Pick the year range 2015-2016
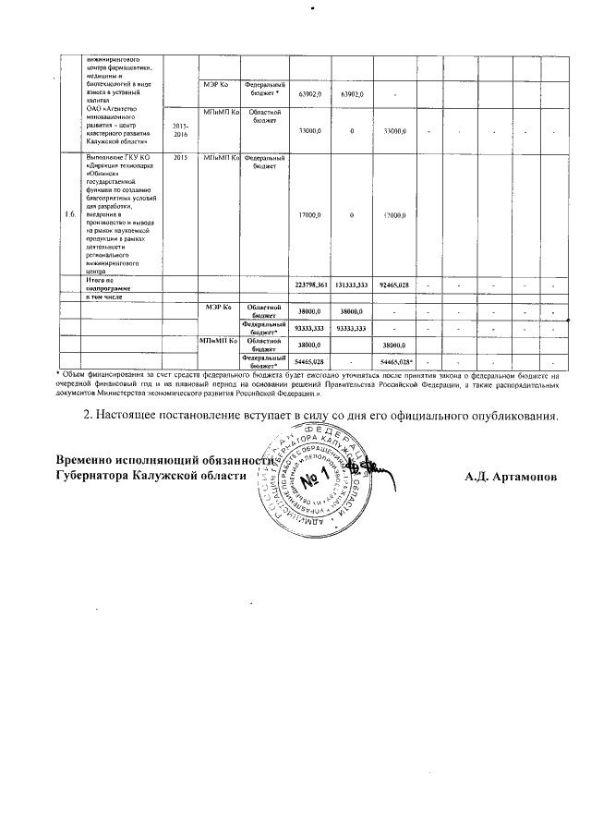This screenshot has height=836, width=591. [180, 130]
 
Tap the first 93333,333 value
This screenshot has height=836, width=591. [309, 328]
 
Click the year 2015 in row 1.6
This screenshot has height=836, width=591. [180, 158]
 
